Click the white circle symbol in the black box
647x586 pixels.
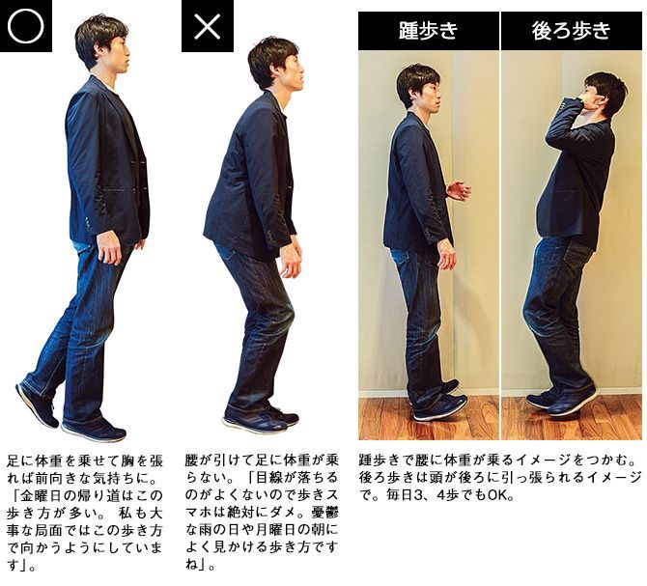pyautogui.click(x=25, y=25)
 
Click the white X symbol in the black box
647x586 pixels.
pyautogui.click(x=208, y=25)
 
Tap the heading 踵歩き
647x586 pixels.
pyautogui.click(x=429, y=31)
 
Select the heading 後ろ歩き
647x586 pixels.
pyautogui.click(x=571, y=31)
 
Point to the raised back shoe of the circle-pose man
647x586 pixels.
pyautogui.click(x=37, y=405)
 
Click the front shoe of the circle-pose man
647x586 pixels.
pyautogui.click(x=94, y=429)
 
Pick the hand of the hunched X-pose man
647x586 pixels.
pyautogui.click(x=291, y=261)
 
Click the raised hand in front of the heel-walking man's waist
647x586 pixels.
pyautogui.click(x=459, y=190)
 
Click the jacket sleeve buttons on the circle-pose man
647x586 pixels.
pyautogui.click(x=88, y=223)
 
